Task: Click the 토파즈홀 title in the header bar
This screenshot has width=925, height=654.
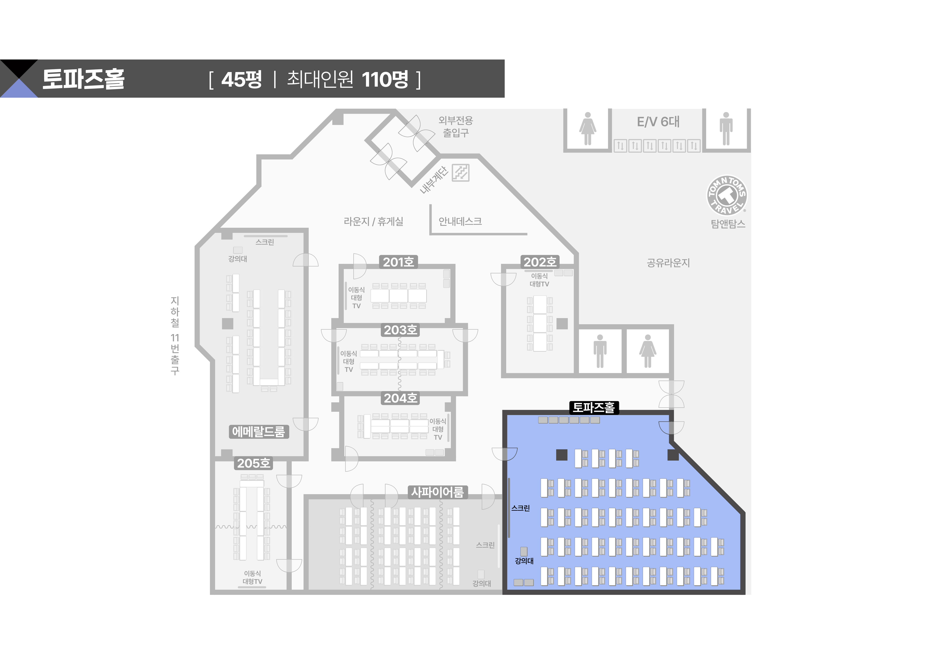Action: click(83, 79)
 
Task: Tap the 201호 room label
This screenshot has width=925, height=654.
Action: click(398, 262)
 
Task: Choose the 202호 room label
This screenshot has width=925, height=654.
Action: click(540, 262)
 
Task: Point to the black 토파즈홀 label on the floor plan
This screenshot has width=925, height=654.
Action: click(594, 408)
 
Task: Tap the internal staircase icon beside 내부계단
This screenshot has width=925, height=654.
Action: click(460, 173)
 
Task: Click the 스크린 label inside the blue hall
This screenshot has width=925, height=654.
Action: click(520, 508)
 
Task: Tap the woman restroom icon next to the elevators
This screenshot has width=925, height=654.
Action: click(588, 129)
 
